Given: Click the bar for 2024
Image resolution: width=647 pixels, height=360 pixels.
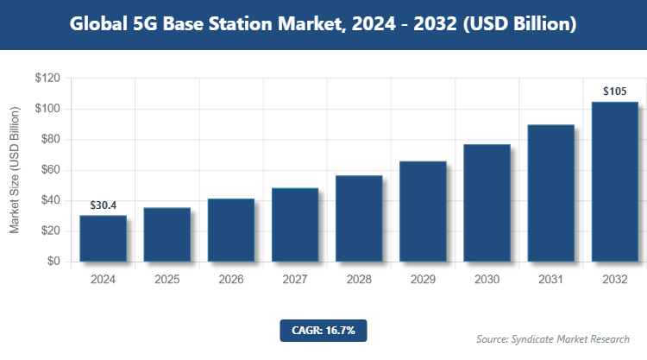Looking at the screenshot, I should pyautogui.click(x=104, y=238).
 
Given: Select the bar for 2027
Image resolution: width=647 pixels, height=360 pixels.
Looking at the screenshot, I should pyautogui.click(x=295, y=224).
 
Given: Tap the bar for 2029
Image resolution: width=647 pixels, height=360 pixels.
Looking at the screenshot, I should pyautogui.click(x=423, y=212).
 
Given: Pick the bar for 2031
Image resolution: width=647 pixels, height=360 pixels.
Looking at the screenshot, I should pyautogui.click(x=550, y=193).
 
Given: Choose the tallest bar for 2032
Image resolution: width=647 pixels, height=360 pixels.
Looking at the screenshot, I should pyautogui.click(x=614, y=181).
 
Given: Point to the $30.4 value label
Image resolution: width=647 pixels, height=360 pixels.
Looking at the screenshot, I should pyautogui.click(x=104, y=205).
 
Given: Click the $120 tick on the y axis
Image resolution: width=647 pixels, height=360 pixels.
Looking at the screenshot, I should pyautogui.click(x=47, y=79).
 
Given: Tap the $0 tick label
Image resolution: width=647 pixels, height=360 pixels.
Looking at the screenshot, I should pyautogui.click(x=53, y=262).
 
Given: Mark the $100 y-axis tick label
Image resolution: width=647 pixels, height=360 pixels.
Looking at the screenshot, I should pyautogui.click(x=47, y=109).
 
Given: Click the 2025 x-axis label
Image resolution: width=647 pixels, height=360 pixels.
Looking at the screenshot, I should pyautogui.click(x=167, y=280).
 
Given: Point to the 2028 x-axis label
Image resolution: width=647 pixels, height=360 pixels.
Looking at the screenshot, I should pyautogui.click(x=359, y=280).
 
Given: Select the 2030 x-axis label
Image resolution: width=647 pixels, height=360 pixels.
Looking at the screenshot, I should pyautogui.click(x=487, y=280).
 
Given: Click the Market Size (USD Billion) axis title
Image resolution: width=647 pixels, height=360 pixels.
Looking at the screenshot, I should pyautogui.click(x=15, y=170).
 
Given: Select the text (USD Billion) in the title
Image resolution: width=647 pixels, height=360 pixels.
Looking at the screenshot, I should pyautogui.click(x=519, y=24).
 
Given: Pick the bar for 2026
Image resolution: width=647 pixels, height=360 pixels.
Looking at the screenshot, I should pyautogui.click(x=231, y=231).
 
